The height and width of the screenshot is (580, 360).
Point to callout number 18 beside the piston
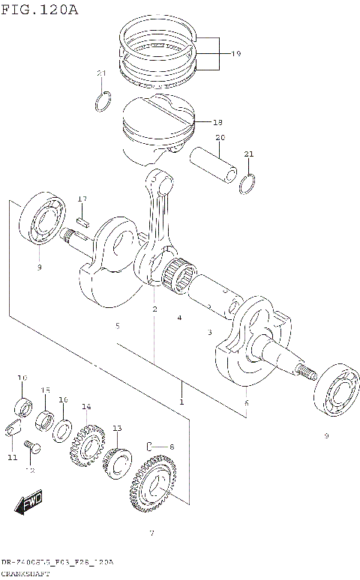[x=218, y=122]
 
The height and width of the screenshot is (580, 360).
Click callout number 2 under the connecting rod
[x=154, y=309]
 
